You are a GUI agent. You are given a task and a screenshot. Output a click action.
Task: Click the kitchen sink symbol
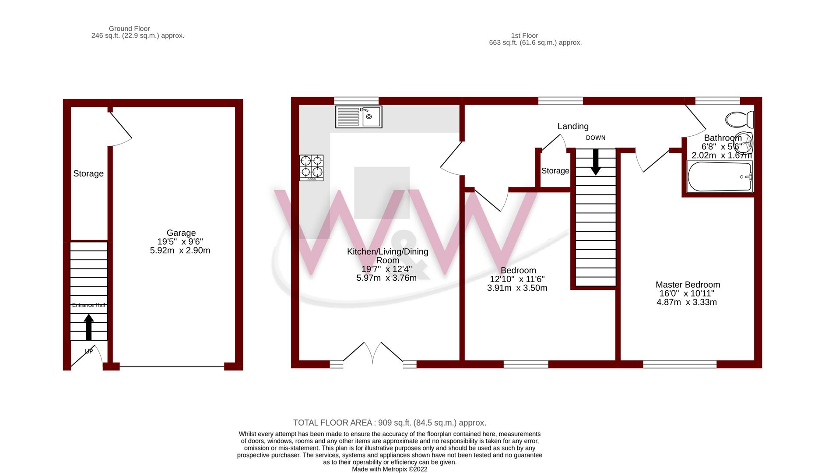(x=358, y=117)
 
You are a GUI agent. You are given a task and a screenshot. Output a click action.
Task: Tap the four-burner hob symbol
(x=311, y=168)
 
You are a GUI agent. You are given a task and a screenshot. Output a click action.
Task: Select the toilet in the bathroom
(x=740, y=119)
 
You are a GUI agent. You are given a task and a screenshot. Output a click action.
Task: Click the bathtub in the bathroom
(x=719, y=177)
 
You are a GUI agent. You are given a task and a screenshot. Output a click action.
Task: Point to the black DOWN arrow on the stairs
(x=595, y=162)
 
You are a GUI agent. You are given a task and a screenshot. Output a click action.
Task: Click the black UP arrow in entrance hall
(x=89, y=327)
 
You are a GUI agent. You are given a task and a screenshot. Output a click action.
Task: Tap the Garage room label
(x=181, y=233)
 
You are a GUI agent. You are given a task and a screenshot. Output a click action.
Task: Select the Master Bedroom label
(x=688, y=285)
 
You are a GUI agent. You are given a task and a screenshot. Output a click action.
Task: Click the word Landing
(x=572, y=127)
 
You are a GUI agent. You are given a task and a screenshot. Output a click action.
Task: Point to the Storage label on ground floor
(x=88, y=174)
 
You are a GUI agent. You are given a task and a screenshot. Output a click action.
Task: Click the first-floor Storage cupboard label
(x=555, y=171)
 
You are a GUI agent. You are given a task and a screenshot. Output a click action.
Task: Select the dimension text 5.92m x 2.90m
(x=180, y=251)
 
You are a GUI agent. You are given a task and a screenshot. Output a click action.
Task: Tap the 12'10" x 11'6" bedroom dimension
(x=517, y=279)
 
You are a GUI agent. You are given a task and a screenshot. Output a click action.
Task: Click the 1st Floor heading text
(x=524, y=35)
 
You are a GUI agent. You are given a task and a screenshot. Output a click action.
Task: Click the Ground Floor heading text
(x=129, y=28)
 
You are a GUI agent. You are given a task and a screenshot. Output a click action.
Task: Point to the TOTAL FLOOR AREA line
(x=390, y=423)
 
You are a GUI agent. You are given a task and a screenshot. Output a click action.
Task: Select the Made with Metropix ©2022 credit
(x=390, y=469)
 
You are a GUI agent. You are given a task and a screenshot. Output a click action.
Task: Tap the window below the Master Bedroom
(x=680, y=364)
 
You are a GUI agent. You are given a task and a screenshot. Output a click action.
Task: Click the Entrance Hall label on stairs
(x=88, y=305)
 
